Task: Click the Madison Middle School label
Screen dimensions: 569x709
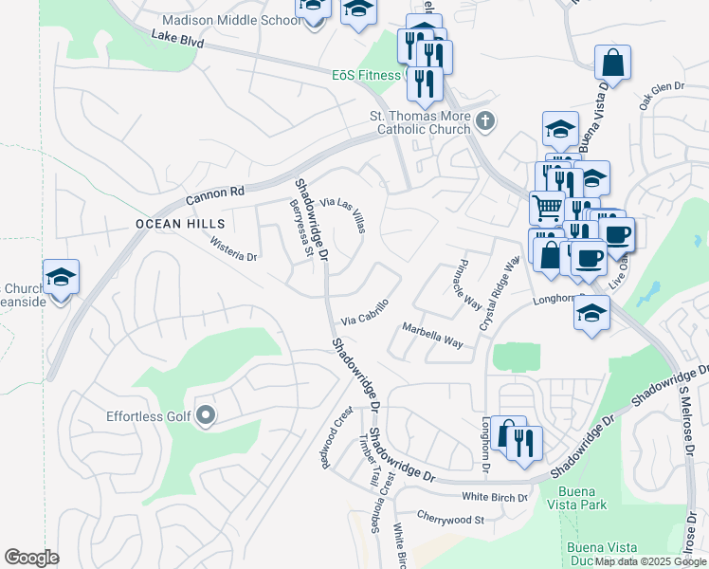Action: point(230,20)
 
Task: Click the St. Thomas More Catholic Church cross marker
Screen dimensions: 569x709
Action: point(485,121)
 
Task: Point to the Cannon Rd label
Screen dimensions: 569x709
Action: point(215,193)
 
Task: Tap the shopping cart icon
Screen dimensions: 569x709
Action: point(546,207)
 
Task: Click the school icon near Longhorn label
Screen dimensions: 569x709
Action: point(591,314)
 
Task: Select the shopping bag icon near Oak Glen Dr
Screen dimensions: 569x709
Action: point(613,63)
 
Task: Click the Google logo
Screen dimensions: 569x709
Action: point(32,558)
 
